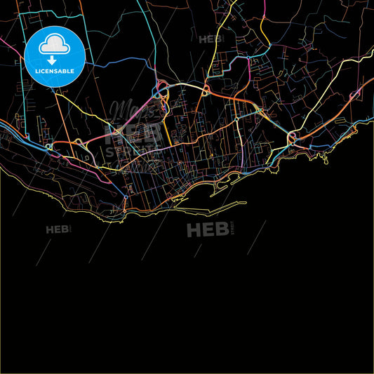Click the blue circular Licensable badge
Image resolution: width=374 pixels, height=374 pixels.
click(55, 56)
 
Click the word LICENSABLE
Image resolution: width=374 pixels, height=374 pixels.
click(55, 70)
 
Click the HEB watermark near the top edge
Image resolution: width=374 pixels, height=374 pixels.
click(210, 39)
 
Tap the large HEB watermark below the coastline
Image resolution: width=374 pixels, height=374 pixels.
click(208, 229)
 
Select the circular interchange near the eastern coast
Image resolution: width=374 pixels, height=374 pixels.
click(293, 136)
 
